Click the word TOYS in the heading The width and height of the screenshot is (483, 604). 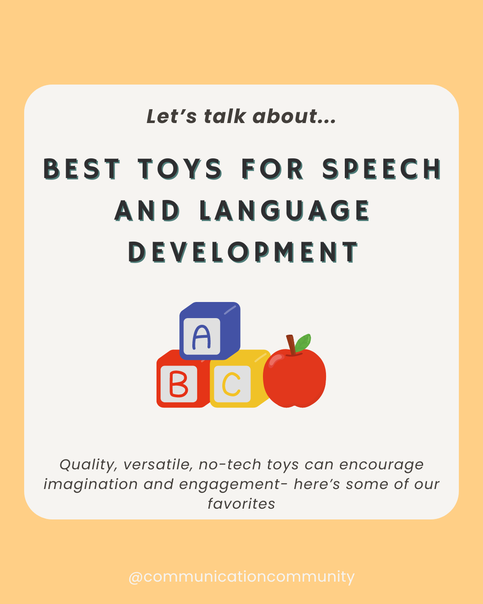click(x=180, y=169)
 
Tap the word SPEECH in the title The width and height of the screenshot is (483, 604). click(x=381, y=169)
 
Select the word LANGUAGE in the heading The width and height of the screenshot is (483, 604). click(x=284, y=211)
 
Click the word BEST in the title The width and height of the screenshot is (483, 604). click(x=82, y=169)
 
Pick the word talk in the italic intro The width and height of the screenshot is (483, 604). click(x=225, y=116)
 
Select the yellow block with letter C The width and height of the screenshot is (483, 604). click(x=235, y=383)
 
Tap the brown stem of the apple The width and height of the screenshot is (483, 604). click(x=291, y=345)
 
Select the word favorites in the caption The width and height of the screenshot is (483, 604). click(x=241, y=504)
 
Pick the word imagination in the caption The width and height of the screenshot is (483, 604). click(x=90, y=484)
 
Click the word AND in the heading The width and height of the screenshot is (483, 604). click(x=147, y=211)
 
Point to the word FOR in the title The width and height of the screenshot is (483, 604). click(x=272, y=169)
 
